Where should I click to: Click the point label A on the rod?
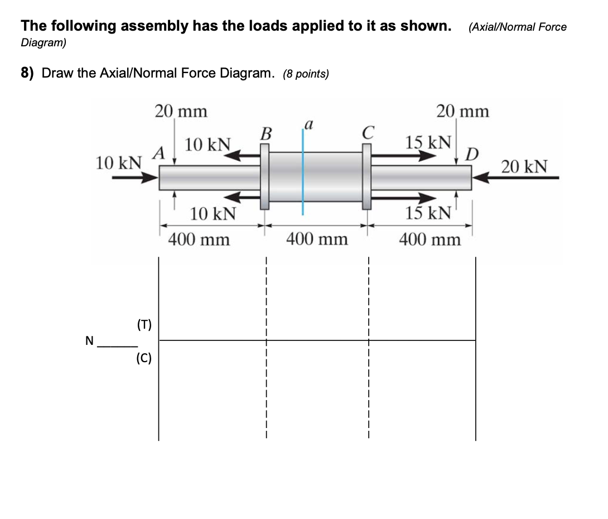tap(160, 152)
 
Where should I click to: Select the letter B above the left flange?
tap(266, 134)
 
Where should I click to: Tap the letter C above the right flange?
tap(367, 134)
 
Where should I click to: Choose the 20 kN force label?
tap(524, 166)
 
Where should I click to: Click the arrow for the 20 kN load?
tap(516, 178)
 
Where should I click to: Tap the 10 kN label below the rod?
tap(213, 213)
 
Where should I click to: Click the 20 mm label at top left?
tap(181, 112)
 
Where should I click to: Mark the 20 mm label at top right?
tap(462, 112)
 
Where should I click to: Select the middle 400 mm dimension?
tap(317, 239)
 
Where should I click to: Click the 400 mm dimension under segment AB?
tap(199, 239)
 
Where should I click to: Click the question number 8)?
tap(30, 73)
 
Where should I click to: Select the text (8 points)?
tap(306, 74)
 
